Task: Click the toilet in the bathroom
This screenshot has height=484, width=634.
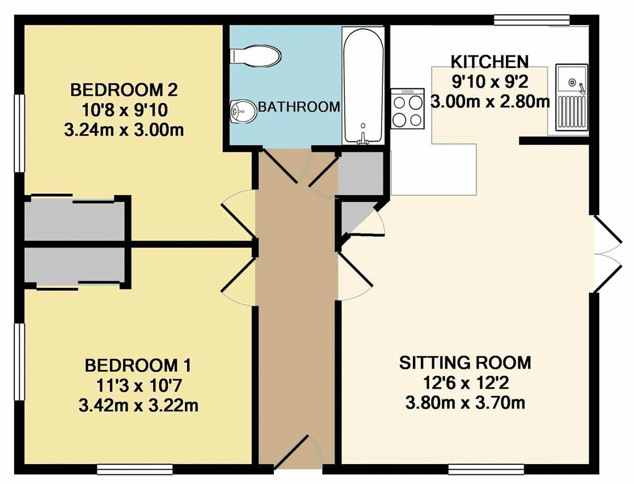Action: click(x=255, y=56)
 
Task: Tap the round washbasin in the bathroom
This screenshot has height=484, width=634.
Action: click(x=243, y=111)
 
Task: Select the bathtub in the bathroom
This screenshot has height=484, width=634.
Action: click(x=363, y=85)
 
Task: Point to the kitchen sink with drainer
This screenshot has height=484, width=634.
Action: click(x=572, y=97)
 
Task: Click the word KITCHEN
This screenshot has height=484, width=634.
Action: click(x=489, y=62)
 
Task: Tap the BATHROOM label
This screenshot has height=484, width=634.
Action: click(x=299, y=107)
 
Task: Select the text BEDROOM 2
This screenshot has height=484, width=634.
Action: click(x=124, y=90)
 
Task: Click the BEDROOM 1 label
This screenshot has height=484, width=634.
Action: click(x=138, y=366)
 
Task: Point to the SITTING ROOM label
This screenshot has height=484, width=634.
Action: click(x=465, y=363)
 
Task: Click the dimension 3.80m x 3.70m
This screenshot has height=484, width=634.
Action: click(x=465, y=403)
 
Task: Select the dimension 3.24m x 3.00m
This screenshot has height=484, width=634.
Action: click(x=124, y=130)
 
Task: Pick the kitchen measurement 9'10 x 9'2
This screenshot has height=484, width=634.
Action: click(x=489, y=82)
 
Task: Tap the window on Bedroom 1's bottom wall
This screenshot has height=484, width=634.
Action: click(x=134, y=469)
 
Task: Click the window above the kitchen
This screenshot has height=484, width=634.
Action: click(x=532, y=20)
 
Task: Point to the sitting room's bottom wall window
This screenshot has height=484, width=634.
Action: click(x=487, y=469)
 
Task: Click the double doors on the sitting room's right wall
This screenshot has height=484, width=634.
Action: click(x=607, y=254)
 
